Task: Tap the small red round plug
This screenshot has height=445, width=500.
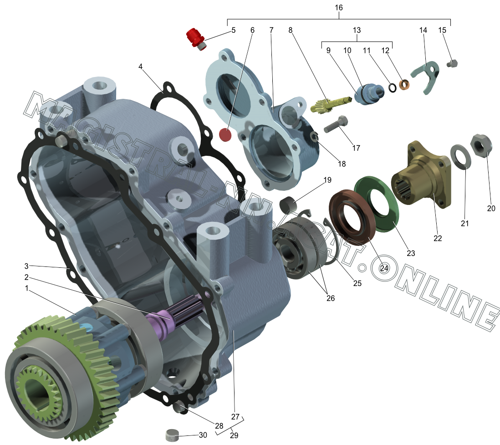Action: [x=225, y=135]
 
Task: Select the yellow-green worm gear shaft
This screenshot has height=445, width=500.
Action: [x=330, y=104]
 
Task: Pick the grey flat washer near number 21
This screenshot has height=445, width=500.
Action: [x=461, y=156]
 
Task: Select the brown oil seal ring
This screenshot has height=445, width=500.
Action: [x=352, y=217]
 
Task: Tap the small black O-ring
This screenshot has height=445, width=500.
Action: [x=393, y=87]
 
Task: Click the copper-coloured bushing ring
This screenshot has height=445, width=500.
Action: [x=404, y=85]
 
